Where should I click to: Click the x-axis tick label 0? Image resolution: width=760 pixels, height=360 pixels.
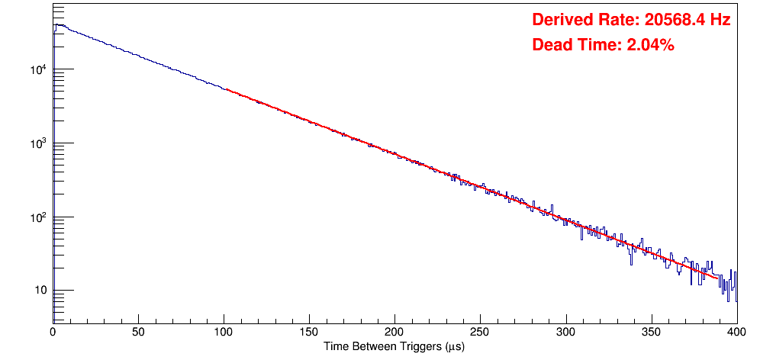click(x=53, y=333)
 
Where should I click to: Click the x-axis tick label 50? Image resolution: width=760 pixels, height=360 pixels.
click(x=138, y=333)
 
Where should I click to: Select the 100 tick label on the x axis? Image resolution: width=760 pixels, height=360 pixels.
click(x=224, y=333)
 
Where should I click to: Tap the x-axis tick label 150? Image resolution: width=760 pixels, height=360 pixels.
click(x=309, y=333)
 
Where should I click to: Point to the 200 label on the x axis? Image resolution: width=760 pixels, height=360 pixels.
click(x=394, y=333)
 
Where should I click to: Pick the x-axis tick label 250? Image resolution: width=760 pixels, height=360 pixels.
click(x=480, y=333)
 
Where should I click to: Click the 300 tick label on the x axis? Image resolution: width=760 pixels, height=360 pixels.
click(x=565, y=333)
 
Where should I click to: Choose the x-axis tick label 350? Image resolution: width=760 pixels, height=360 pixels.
click(x=651, y=333)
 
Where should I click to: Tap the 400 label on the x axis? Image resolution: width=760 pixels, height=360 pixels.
click(x=736, y=333)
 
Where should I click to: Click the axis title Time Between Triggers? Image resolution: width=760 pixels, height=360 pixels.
click(x=394, y=347)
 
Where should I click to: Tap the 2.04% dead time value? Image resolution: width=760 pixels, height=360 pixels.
click(x=650, y=46)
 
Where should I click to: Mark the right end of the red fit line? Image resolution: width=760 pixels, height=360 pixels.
click(x=718, y=278)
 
